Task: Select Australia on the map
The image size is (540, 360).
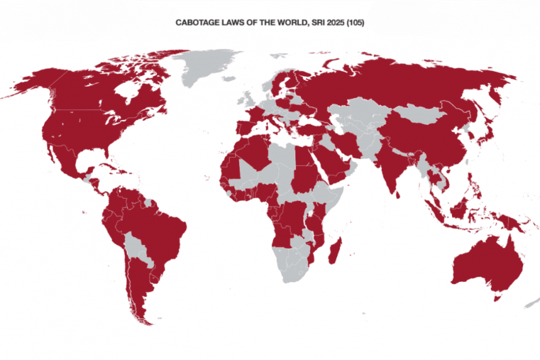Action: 487,264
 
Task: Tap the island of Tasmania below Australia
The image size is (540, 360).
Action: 497,298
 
